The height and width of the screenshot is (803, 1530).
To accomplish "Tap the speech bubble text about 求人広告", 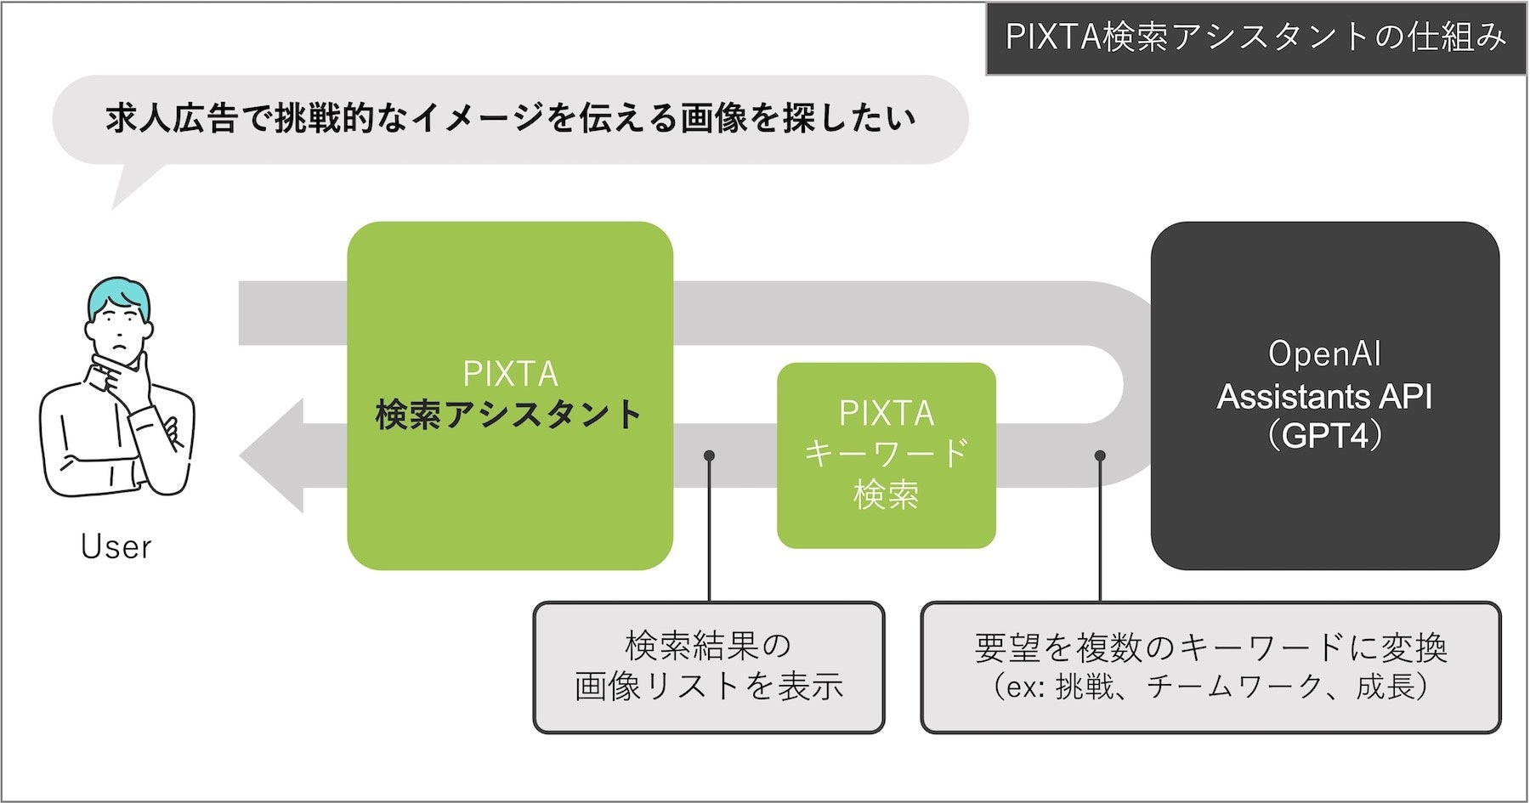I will (510, 119).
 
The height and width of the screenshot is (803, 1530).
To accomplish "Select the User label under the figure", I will (116, 547).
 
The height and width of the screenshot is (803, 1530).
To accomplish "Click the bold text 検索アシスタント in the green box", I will (509, 415).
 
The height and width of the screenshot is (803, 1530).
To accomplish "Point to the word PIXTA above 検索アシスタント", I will (510, 374).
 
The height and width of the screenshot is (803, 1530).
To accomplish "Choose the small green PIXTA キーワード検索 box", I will (886, 455).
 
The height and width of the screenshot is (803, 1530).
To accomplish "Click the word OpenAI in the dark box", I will (1324, 353).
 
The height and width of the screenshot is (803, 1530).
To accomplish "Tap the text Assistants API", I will (1324, 397).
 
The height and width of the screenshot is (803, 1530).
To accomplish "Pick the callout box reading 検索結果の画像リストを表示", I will (708, 667).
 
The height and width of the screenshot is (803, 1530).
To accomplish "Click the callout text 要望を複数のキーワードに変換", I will (1210, 648).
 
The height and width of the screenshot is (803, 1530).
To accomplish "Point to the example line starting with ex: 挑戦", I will (1210, 687).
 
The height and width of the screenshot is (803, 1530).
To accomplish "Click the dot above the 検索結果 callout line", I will (709, 455).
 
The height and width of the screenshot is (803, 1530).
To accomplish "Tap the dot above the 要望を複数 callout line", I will (1100, 455).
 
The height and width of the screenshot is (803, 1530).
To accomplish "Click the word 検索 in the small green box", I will (886, 494).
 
